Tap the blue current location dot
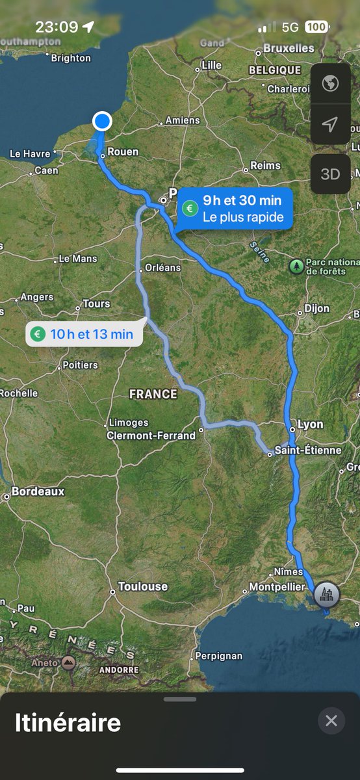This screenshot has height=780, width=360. click(x=102, y=121)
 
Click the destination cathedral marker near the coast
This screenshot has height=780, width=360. click(x=326, y=594)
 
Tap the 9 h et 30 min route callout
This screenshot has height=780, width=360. click(x=235, y=209)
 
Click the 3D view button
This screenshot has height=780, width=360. click(x=331, y=174)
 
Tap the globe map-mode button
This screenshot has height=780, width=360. click(x=331, y=84)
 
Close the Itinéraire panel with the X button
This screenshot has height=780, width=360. click(x=331, y=721)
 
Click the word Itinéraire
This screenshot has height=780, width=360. click(x=68, y=723)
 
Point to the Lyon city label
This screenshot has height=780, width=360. click(x=310, y=424)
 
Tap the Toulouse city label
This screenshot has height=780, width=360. click(x=143, y=586)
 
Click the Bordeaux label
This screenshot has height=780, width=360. click(x=38, y=491)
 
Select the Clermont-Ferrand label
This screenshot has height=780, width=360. click(x=151, y=435)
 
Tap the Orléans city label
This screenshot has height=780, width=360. click(x=162, y=267)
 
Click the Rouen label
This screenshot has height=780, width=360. click(x=123, y=151)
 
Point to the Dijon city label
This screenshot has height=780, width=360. click(x=316, y=309)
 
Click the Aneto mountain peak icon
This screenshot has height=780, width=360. click(x=69, y=663)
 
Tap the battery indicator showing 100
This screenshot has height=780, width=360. click(x=316, y=27)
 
